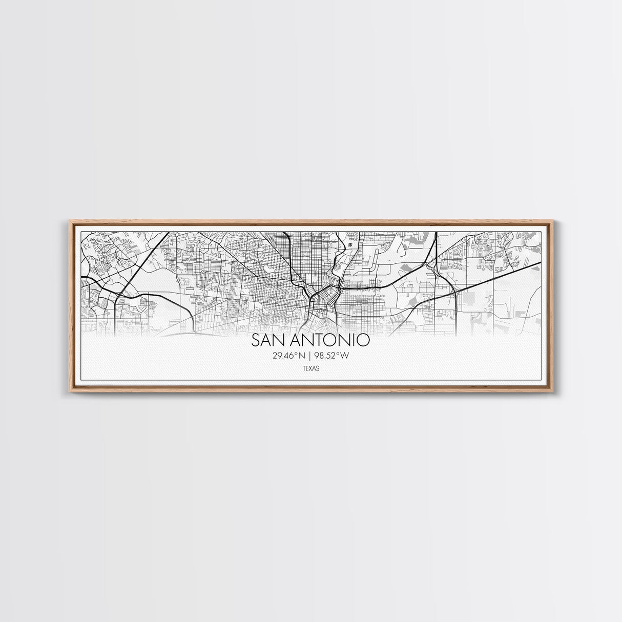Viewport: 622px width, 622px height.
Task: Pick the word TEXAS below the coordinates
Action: tap(310, 368)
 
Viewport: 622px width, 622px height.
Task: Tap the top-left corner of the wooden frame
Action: tap(70, 221)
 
